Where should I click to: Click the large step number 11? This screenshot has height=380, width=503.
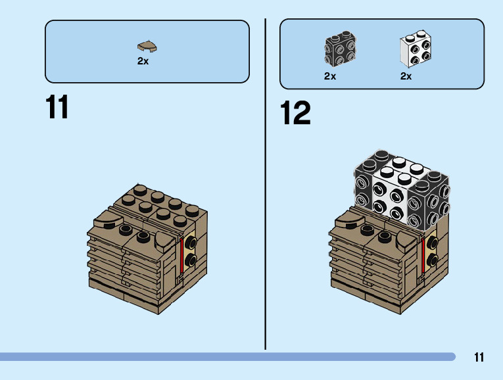(58, 108)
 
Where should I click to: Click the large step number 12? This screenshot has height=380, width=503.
(295, 114)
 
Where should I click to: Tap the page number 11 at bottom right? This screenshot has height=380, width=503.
(478, 358)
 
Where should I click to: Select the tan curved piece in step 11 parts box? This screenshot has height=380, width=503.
(147, 46)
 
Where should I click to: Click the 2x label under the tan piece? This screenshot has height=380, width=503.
(143, 61)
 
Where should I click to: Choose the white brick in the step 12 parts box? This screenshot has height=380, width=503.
(416, 51)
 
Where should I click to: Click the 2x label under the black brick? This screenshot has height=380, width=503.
(330, 76)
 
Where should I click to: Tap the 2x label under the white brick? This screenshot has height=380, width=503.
(406, 76)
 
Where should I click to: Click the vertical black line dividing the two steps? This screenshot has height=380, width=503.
(266, 184)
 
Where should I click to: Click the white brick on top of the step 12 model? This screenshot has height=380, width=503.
(392, 191)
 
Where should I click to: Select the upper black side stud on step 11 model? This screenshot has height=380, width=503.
(191, 243)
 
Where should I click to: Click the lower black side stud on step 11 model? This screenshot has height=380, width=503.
(191, 261)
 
